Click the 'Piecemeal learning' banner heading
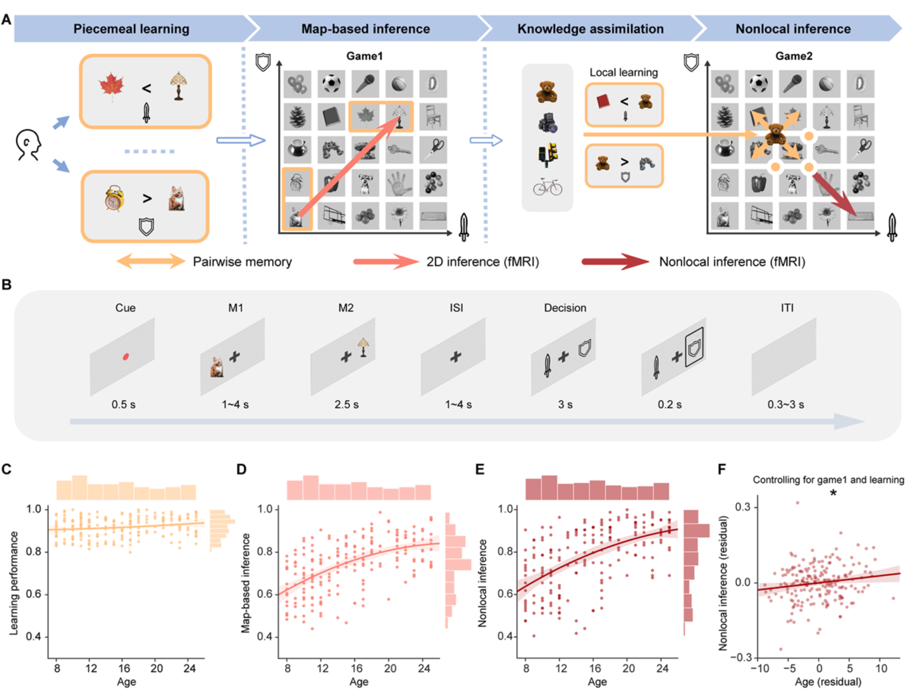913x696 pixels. [x=131, y=29]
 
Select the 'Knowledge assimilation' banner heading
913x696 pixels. [x=590, y=29]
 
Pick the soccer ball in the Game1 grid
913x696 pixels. [x=331, y=83]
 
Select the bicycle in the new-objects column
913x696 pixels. [x=547, y=187]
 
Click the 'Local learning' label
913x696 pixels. [x=623, y=72]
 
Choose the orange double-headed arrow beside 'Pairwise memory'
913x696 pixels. [x=150, y=261]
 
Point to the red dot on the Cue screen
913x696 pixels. [x=126, y=357]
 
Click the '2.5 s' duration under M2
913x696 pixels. [x=347, y=404]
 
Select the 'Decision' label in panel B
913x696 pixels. [x=565, y=308]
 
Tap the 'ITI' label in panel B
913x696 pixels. [x=787, y=308]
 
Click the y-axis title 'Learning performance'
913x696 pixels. [x=14, y=583]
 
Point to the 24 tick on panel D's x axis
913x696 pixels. [x=424, y=668]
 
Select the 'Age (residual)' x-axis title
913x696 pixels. [x=828, y=682]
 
